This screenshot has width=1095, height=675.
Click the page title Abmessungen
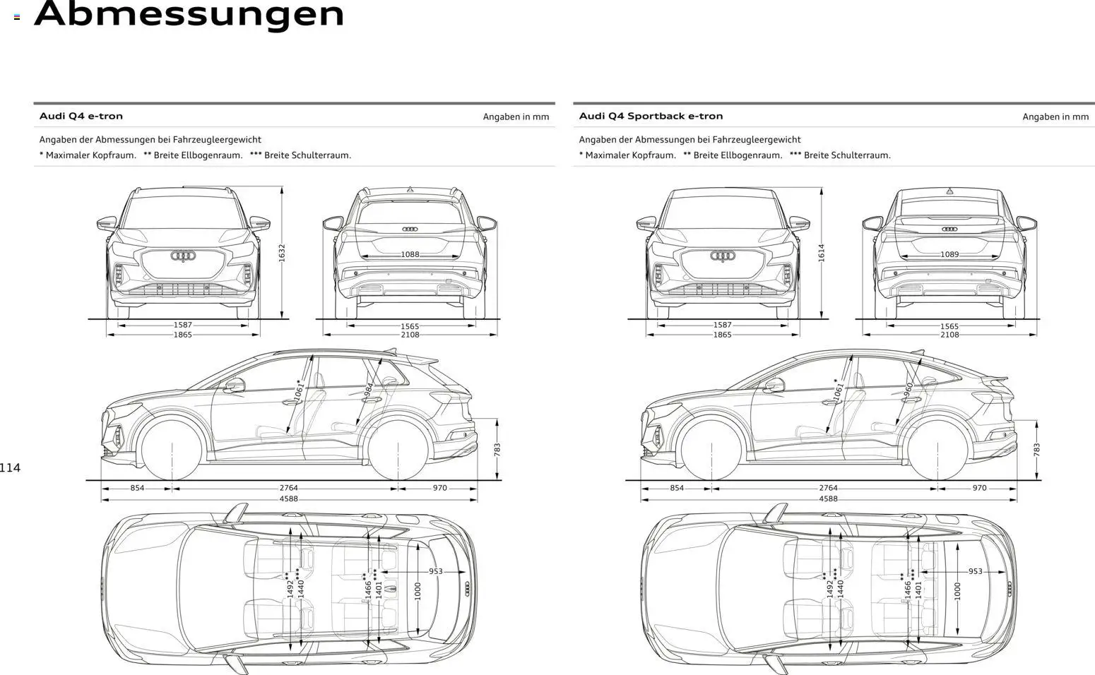(x=189, y=14)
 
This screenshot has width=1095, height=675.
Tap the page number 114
(x=11, y=467)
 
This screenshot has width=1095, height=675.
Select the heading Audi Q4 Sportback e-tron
(x=651, y=116)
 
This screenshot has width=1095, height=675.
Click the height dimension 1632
(x=282, y=253)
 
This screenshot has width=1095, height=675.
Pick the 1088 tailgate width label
(x=410, y=254)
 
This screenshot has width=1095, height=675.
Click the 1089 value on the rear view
(x=949, y=254)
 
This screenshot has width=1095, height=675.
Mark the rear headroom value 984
(x=369, y=390)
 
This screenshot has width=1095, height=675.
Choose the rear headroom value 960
(x=908, y=388)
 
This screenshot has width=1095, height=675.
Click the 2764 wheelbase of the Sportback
(x=828, y=488)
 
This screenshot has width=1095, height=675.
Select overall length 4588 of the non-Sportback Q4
(x=288, y=498)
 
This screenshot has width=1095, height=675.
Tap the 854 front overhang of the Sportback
(x=677, y=488)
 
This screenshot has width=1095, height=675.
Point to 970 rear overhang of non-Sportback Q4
(x=439, y=488)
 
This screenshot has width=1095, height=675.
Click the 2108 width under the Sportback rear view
(x=949, y=335)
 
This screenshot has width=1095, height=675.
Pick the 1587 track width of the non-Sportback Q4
(x=182, y=325)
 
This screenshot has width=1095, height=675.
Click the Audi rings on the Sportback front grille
(x=723, y=256)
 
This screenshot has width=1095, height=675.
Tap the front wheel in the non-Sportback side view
(x=173, y=449)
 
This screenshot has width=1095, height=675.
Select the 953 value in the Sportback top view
(x=975, y=571)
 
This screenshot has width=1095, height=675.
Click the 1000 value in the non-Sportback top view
(x=418, y=591)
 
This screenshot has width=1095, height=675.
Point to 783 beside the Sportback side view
(x=1036, y=450)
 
